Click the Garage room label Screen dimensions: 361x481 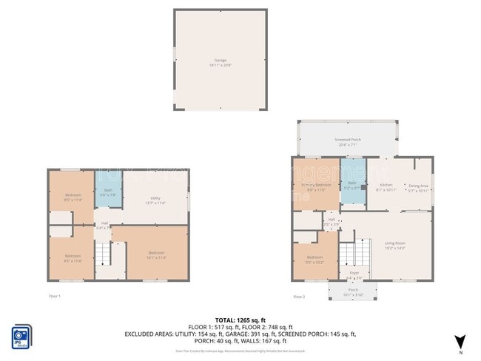tap(220, 62)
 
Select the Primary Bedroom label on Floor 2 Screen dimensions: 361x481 tap(316, 186)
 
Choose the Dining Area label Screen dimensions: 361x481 tap(419, 188)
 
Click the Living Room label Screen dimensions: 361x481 tap(393, 245)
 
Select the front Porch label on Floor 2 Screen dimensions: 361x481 tap(352, 291)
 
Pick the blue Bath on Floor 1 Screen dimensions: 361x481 tap(108, 192)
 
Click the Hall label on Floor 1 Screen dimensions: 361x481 tap(104, 225)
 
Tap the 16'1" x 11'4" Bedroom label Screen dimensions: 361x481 tap(156, 254)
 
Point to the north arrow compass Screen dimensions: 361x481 tap(460, 340)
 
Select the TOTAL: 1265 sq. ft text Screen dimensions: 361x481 tap(240, 320)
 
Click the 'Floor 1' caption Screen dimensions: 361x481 tap(54, 296)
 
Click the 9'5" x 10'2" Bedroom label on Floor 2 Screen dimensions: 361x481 tap(315, 260)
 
